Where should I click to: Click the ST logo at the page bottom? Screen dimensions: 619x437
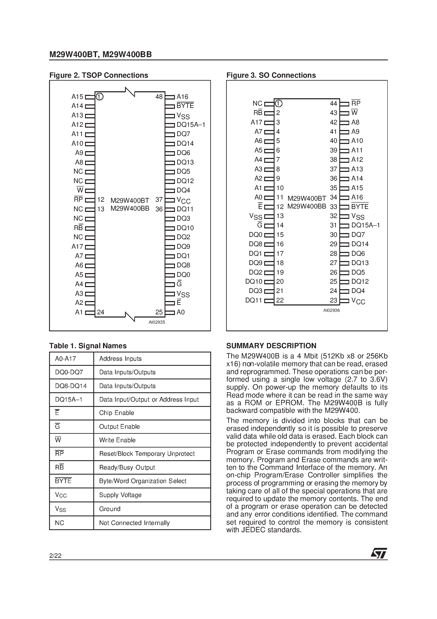click(x=379, y=554)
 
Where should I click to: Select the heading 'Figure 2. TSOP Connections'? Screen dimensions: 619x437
click(x=99, y=75)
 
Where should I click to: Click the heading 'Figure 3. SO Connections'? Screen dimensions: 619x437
click(x=271, y=75)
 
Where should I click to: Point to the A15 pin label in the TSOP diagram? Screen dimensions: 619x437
click(x=77, y=97)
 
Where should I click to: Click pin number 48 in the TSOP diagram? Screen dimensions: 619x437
click(x=159, y=97)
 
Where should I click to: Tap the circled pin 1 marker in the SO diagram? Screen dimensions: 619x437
click(x=279, y=104)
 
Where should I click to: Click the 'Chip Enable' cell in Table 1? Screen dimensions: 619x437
click(x=116, y=413)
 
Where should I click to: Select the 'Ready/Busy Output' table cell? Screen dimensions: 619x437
click(x=127, y=467)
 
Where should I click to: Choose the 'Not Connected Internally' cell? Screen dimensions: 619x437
click(x=134, y=523)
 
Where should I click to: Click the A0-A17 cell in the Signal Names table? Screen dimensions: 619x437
click(x=66, y=359)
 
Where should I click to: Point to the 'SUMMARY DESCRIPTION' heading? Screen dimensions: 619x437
click(x=271, y=346)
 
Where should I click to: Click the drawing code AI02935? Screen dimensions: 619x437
click(x=157, y=322)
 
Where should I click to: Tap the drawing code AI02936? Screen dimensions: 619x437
click(x=331, y=310)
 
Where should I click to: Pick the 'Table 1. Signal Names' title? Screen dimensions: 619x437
click(x=88, y=346)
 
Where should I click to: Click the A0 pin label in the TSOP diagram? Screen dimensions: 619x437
click(x=180, y=312)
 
